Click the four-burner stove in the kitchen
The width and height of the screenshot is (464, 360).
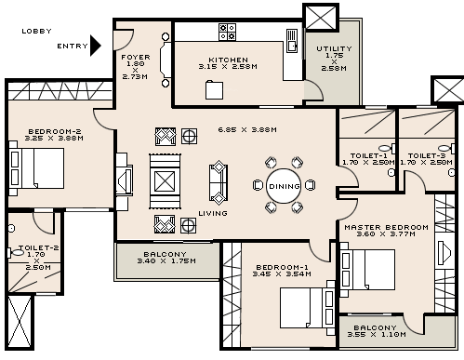click(227, 32)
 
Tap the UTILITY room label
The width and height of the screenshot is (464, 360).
click(334, 48)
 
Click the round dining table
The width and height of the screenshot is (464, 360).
click(284, 186)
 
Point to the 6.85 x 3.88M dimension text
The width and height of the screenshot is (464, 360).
click(247, 129)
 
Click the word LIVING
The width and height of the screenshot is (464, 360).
click(213, 213)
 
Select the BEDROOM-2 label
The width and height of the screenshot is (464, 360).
click(48, 131)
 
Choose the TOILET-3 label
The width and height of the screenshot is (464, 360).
click(426, 155)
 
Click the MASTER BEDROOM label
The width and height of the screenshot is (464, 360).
click(386, 227)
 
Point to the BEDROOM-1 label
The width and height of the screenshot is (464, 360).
click(283, 268)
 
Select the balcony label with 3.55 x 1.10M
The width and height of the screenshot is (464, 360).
click(375, 327)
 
